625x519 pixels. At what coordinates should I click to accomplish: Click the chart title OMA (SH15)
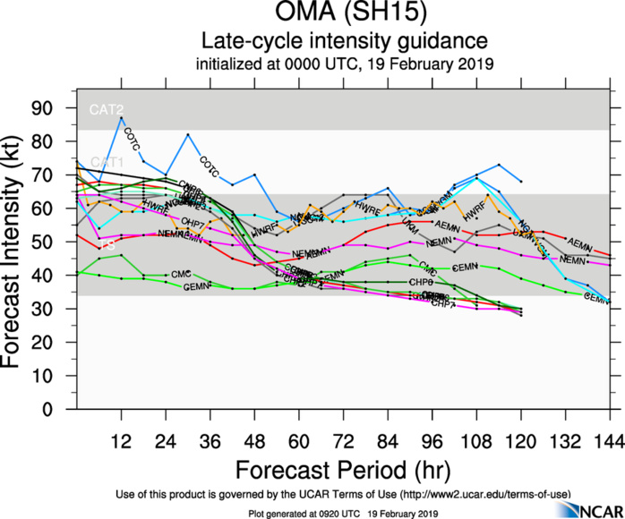click(345, 15)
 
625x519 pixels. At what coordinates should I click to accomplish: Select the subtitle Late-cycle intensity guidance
click(345, 41)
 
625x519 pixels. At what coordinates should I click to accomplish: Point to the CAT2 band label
click(106, 110)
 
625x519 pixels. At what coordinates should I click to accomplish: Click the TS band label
click(106, 244)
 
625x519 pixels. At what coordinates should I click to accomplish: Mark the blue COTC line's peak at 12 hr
click(121, 118)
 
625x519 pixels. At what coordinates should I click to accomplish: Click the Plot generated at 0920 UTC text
click(309, 513)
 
